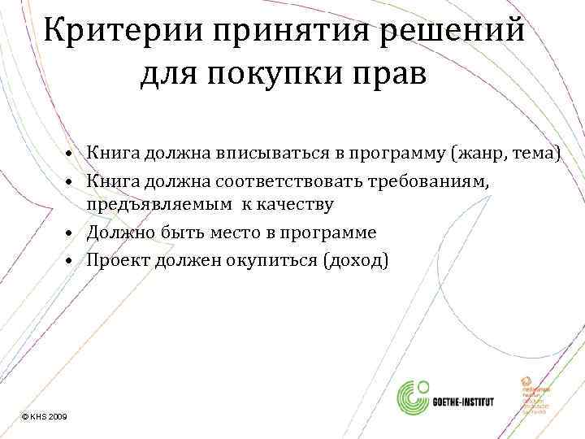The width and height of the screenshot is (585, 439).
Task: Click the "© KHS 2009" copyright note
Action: point(45,416)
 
